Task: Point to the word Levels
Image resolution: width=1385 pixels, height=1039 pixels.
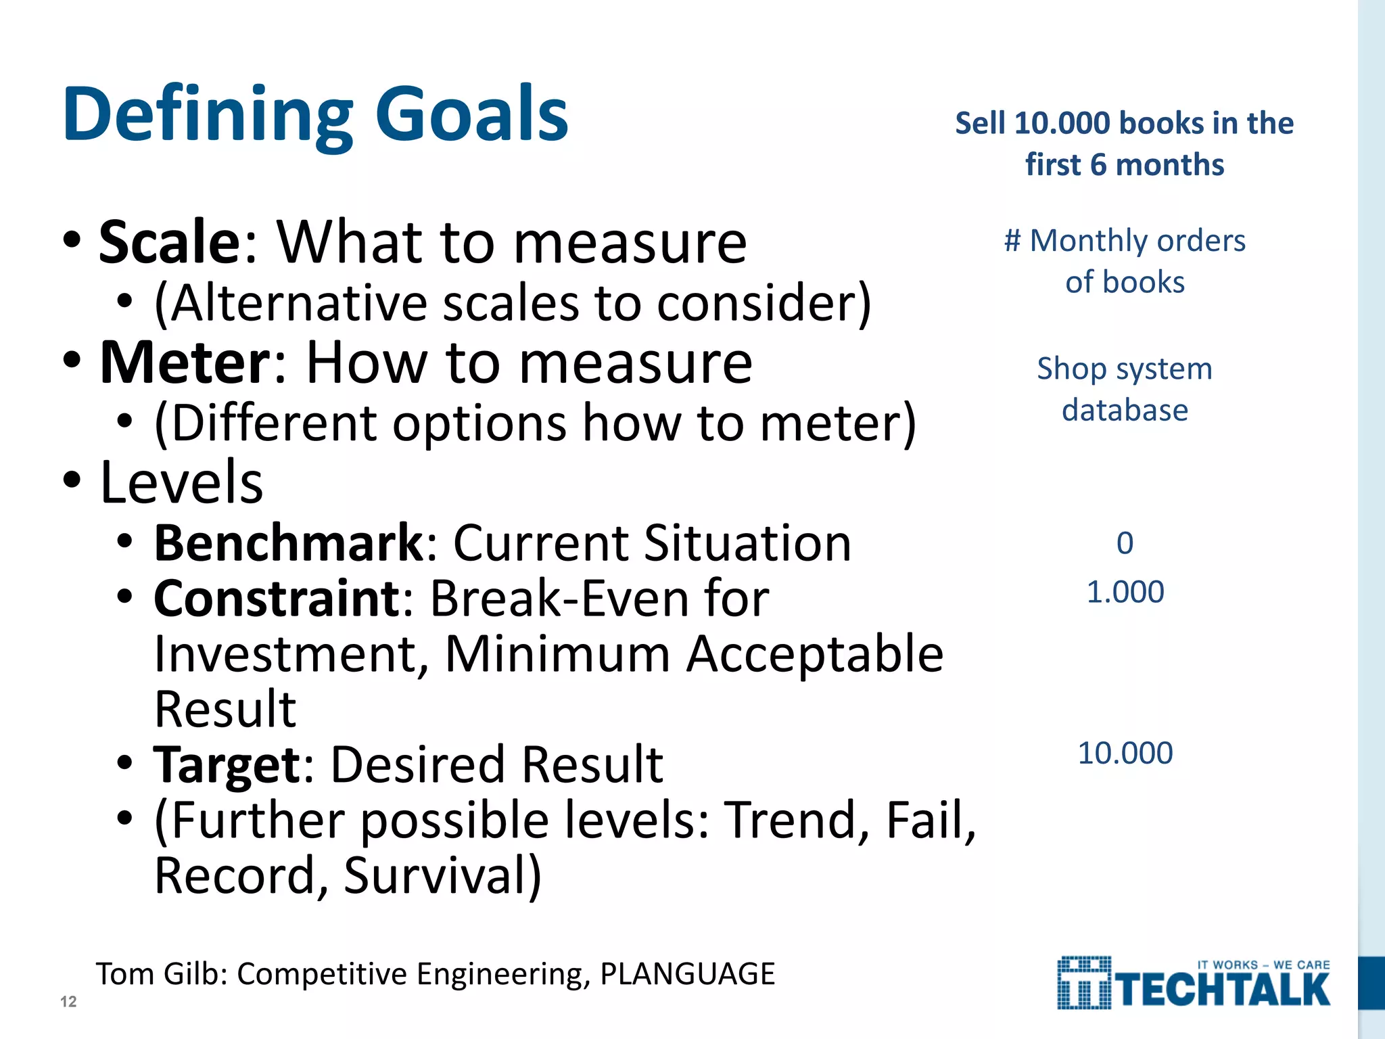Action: click(181, 483)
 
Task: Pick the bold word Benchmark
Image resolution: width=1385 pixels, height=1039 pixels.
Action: click(288, 543)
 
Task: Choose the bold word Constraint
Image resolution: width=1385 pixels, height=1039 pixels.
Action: click(277, 599)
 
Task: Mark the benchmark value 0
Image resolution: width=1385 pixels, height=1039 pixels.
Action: click(1125, 543)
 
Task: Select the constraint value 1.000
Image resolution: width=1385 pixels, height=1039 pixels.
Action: click(1125, 593)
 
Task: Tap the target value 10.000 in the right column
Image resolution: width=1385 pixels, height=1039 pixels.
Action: click(1125, 754)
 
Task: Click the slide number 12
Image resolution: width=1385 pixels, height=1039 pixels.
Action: click(68, 1002)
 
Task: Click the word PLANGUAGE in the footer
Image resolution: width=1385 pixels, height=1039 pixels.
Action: click(687, 974)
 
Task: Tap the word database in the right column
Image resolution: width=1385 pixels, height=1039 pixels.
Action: click(1125, 411)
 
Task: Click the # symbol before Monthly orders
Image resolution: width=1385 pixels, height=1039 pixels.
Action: click(1012, 241)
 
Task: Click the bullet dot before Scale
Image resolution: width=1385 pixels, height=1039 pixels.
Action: click(72, 241)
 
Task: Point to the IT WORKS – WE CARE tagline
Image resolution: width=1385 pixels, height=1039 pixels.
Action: click(1263, 965)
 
